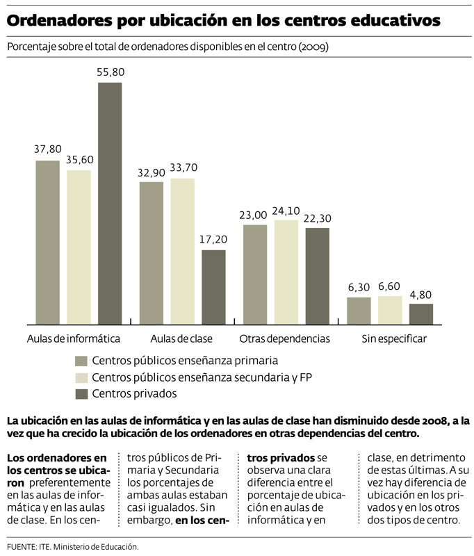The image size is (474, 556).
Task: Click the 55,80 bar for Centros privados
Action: [x=110, y=203]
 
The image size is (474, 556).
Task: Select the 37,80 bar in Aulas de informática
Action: [x=47, y=242]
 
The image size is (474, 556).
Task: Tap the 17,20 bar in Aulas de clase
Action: [x=213, y=286]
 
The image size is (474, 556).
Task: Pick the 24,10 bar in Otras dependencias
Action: [x=286, y=272]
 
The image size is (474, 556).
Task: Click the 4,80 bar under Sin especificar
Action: [x=420, y=313]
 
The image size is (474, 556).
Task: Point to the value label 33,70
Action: [x=183, y=167]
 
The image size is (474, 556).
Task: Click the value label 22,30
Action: [x=317, y=218]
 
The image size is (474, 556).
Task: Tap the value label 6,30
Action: [x=359, y=286]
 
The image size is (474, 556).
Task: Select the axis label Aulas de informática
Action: [x=74, y=339]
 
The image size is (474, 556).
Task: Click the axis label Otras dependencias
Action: [x=284, y=339]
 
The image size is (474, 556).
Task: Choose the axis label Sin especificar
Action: [x=393, y=339]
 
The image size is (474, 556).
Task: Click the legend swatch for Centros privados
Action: [x=81, y=394]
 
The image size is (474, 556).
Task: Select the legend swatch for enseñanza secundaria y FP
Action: [x=81, y=377]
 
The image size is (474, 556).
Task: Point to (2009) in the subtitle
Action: [x=313, y=48]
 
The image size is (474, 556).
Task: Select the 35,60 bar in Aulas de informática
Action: [x=79, y=247]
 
